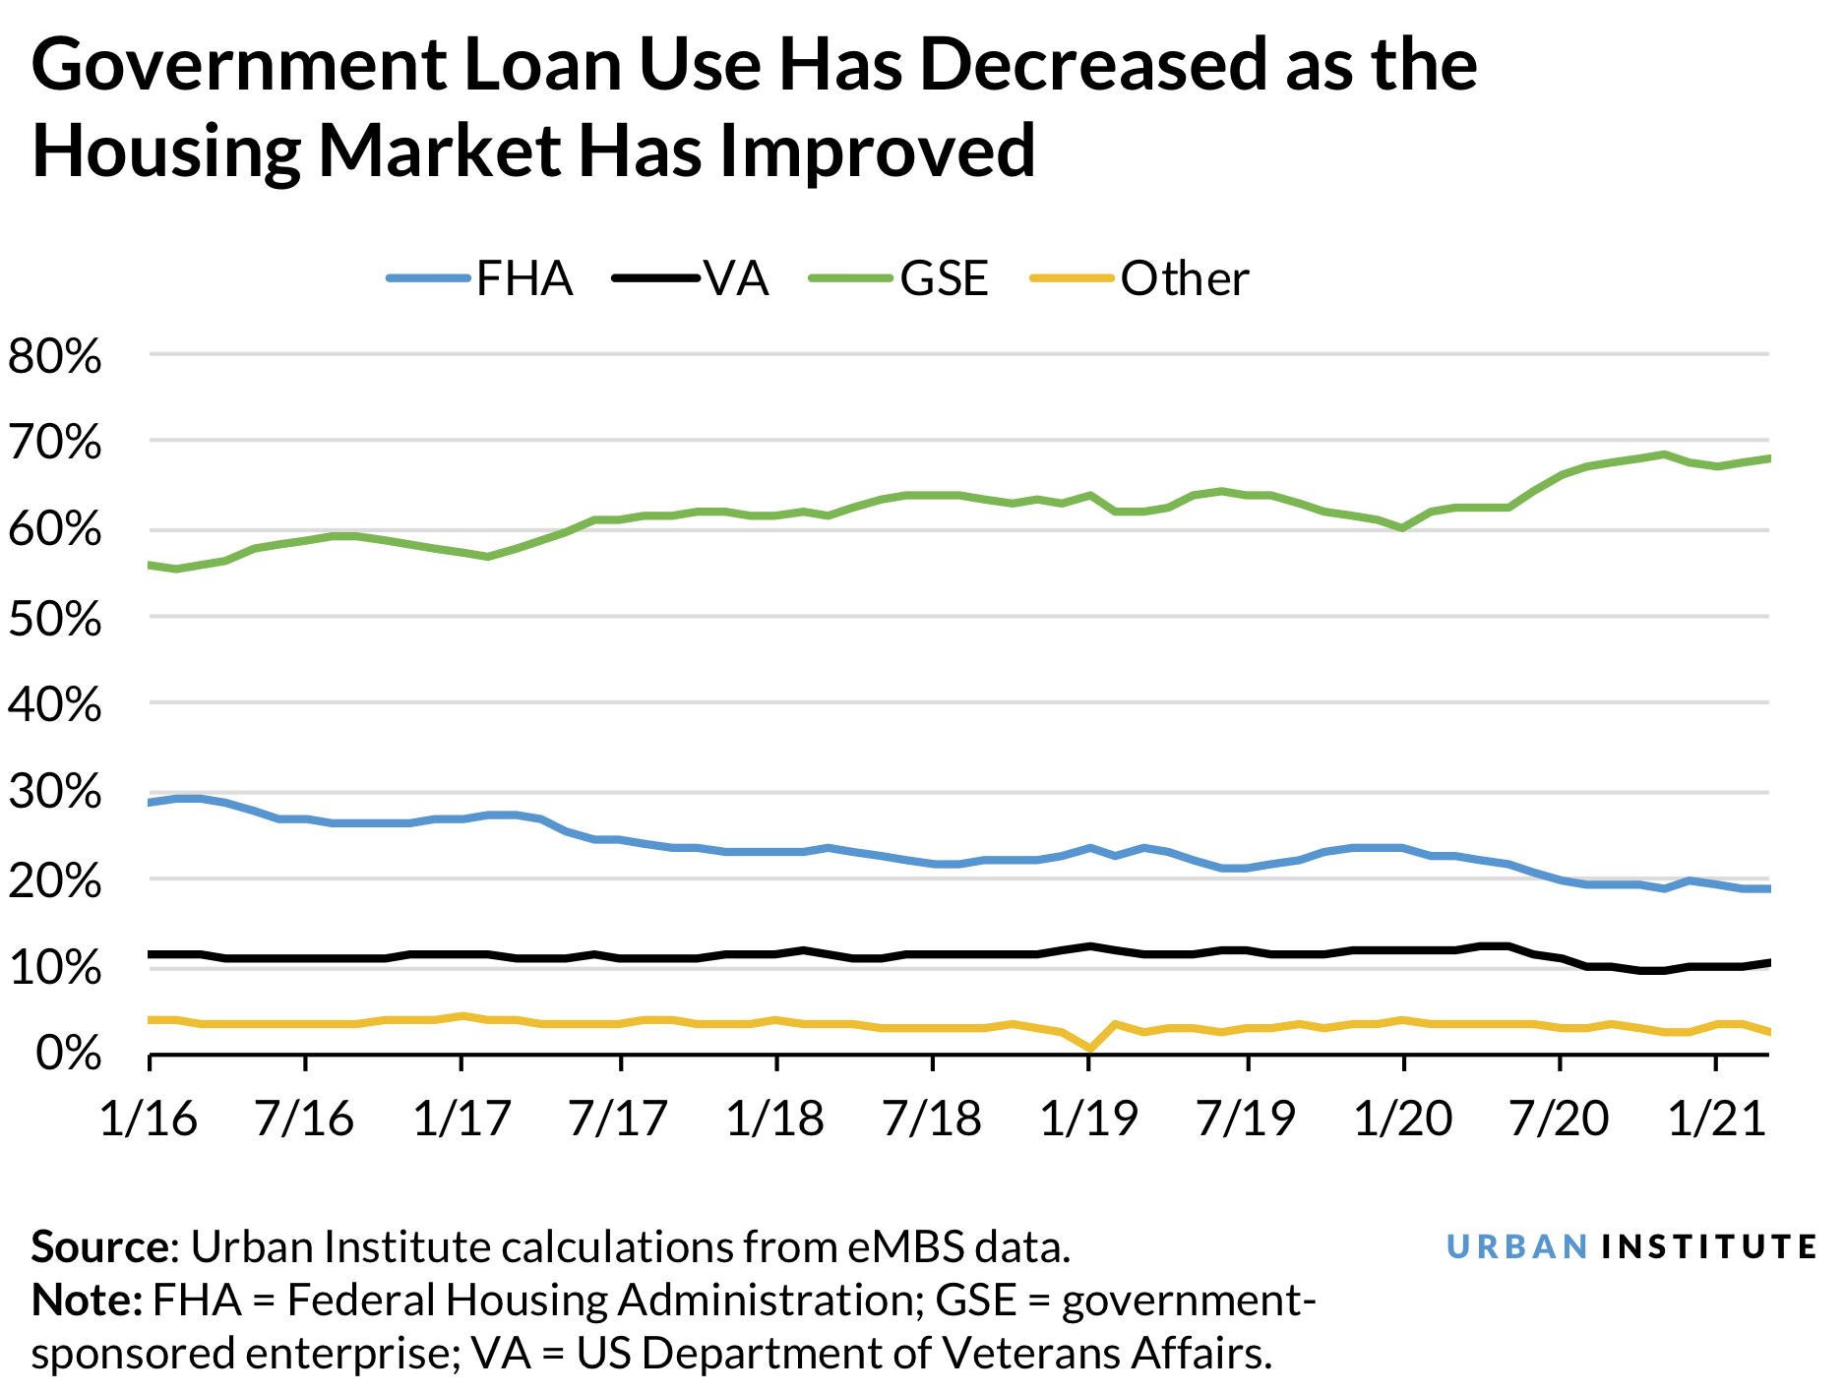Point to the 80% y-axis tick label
click(x=55, y=357)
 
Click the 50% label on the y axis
click(x=55, y=620)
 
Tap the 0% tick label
click(x=68, y=1055)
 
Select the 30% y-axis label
click(x=55, y=793)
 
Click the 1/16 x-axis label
click(x=149, y=1120)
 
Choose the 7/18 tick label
click(x=932, y=1120)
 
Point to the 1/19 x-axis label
click(x=1088, y=1120)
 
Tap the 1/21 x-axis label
click(x=1716, y=1120)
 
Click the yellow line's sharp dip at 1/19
click(x=1089, y=1049)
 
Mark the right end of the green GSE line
click(x=1767, y=458)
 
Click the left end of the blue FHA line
click(x=151, y=803)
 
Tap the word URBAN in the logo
click(x=1516, y=1247)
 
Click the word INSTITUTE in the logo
click(x=1708, y=1247)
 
